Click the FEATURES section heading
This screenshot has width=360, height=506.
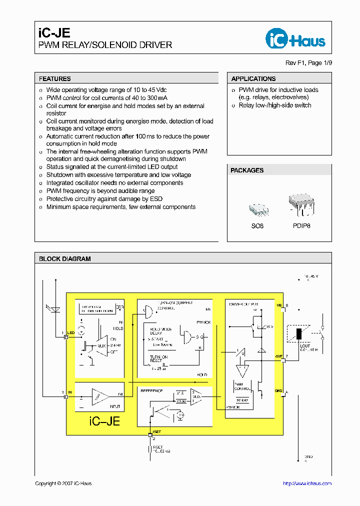[x=55, y=79]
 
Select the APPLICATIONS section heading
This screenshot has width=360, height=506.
[x=253, y=79]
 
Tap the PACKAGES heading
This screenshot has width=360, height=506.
[x=247, y=170]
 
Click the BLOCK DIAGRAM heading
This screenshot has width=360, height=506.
[x=65, y=259]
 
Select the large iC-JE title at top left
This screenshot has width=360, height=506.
[x=54, y=32]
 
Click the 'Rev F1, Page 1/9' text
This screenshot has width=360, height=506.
[x=308, y=63]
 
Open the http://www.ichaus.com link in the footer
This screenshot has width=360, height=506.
[x=307, y=483]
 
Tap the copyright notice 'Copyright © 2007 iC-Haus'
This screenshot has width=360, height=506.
[x=63, y=483]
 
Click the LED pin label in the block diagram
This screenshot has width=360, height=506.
[x=71, y=333]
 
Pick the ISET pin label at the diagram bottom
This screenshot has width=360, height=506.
[x=157, y=430]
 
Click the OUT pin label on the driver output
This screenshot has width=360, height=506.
[x=279, y=356]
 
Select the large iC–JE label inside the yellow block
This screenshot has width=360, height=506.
[x=104, y=421]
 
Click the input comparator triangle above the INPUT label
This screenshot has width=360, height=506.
[x=101, y=396]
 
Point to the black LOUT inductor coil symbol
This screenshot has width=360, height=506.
[x=299, y=334]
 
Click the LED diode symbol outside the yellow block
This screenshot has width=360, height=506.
[x=56, y=309]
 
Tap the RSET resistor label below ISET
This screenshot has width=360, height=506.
[x=158, y=447]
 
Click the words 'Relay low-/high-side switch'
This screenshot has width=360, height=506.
[x=275, y=105]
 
